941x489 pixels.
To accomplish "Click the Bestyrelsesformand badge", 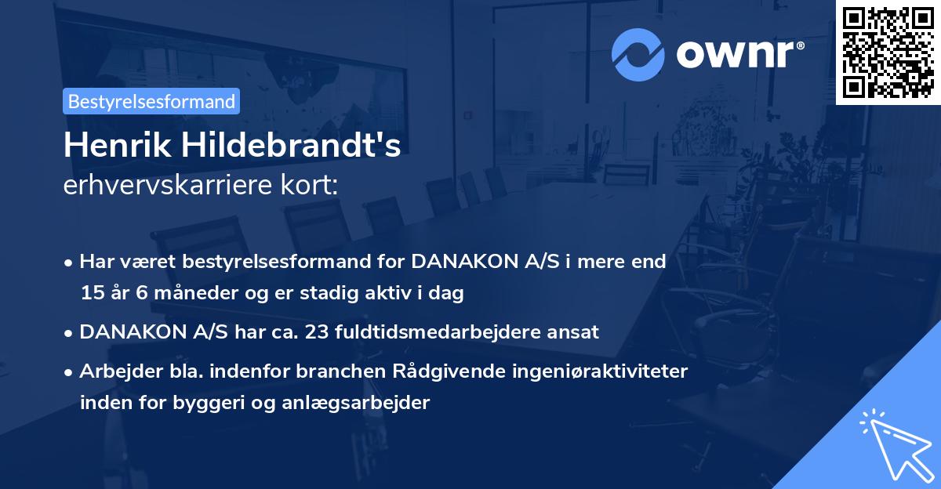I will pyautogui.click(x=151, y=101).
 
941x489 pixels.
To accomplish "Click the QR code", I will pyautogui.click(x=888, y=52).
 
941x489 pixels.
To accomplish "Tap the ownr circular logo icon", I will pyautogui.click(x=638, y=55).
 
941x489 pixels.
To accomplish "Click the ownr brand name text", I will pyautogui.click(x=738, y=55).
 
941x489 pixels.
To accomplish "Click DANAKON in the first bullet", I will pyautogui.click(x=460, y=262).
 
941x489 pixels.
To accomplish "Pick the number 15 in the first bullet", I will pyautogui.click(x=91, y=294).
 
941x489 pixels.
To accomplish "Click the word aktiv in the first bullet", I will pyautogui.click(x=401, y=294).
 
